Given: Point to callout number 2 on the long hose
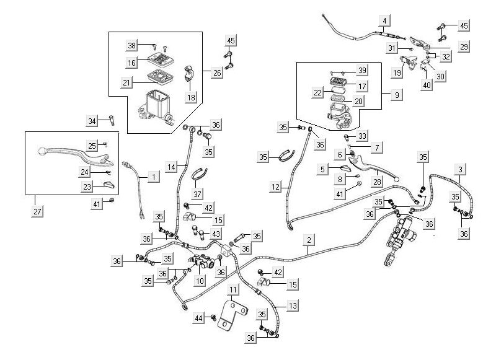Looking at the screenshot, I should tap(308, 239).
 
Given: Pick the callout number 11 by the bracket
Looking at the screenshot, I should tap(232, 290).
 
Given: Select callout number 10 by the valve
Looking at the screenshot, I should tap(199, 281).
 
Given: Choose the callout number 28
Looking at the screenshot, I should tap(376, 181).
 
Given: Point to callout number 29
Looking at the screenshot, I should tap(464, 46).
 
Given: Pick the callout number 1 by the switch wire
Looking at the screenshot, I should tap(152, 177).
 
